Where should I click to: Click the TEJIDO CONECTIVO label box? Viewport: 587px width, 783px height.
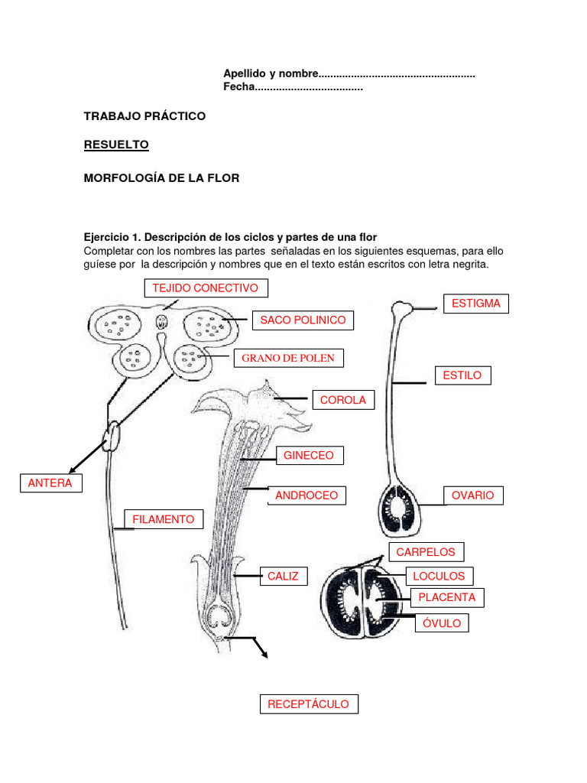coord(206,288)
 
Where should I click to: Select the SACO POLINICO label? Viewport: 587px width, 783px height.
coord(303,320)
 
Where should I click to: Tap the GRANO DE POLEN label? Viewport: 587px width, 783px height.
coord(288,358)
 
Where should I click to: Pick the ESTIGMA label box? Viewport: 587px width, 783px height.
coord(475,304)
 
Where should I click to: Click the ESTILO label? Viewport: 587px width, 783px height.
coord(462,375)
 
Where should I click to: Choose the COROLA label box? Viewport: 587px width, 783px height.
coord(342,400)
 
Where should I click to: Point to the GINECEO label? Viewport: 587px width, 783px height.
coord(309,456)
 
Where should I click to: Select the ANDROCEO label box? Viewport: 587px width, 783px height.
coord(306,495)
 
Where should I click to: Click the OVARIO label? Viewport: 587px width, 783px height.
coord(472,495)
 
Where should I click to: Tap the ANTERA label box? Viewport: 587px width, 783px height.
coord(50,483)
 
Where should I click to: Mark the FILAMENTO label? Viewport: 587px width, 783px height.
coord(164,519)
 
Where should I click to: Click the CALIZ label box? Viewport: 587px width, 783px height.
coord(283,576)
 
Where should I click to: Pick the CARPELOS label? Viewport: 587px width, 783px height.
coord(426,552)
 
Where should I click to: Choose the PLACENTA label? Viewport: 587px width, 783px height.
coord(447,597)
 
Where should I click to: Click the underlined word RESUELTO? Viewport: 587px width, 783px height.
coord(116,145)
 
